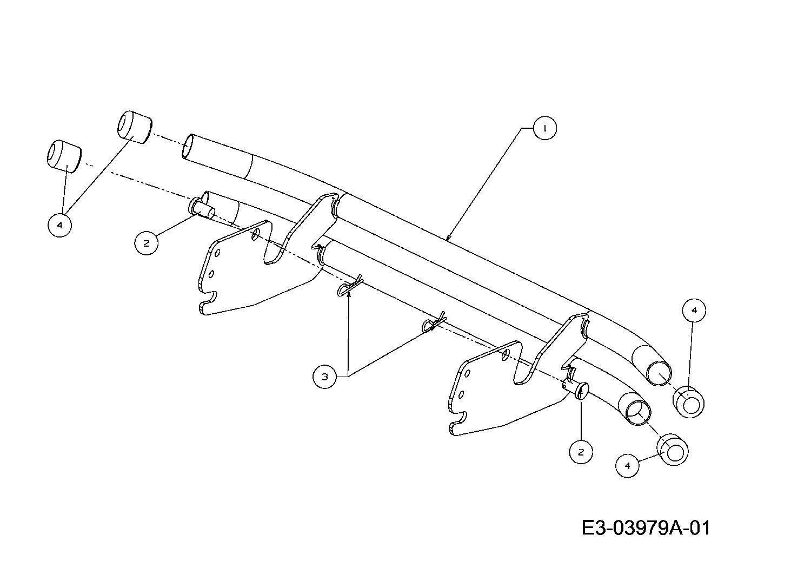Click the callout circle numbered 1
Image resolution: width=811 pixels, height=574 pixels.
(x=544, y=128)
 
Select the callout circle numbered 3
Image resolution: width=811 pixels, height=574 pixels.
(x=324, y=377)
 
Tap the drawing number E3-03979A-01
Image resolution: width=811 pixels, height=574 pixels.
(x=646, y=527)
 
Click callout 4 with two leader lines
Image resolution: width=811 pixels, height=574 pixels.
(x=59, y=225)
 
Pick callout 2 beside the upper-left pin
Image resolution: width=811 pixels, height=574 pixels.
(x=146, y=243)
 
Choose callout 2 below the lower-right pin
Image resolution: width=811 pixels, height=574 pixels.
(x=581, y=452)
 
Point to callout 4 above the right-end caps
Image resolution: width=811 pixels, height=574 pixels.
(x=694, y=310)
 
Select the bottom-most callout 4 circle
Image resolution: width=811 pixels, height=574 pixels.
(x=627, y=465)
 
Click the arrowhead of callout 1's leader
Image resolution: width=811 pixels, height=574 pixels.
(x=448, y=237)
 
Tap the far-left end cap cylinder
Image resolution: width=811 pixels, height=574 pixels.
(x=63, y=156)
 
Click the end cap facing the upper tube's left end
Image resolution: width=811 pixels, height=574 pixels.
(x=133, y=127)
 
